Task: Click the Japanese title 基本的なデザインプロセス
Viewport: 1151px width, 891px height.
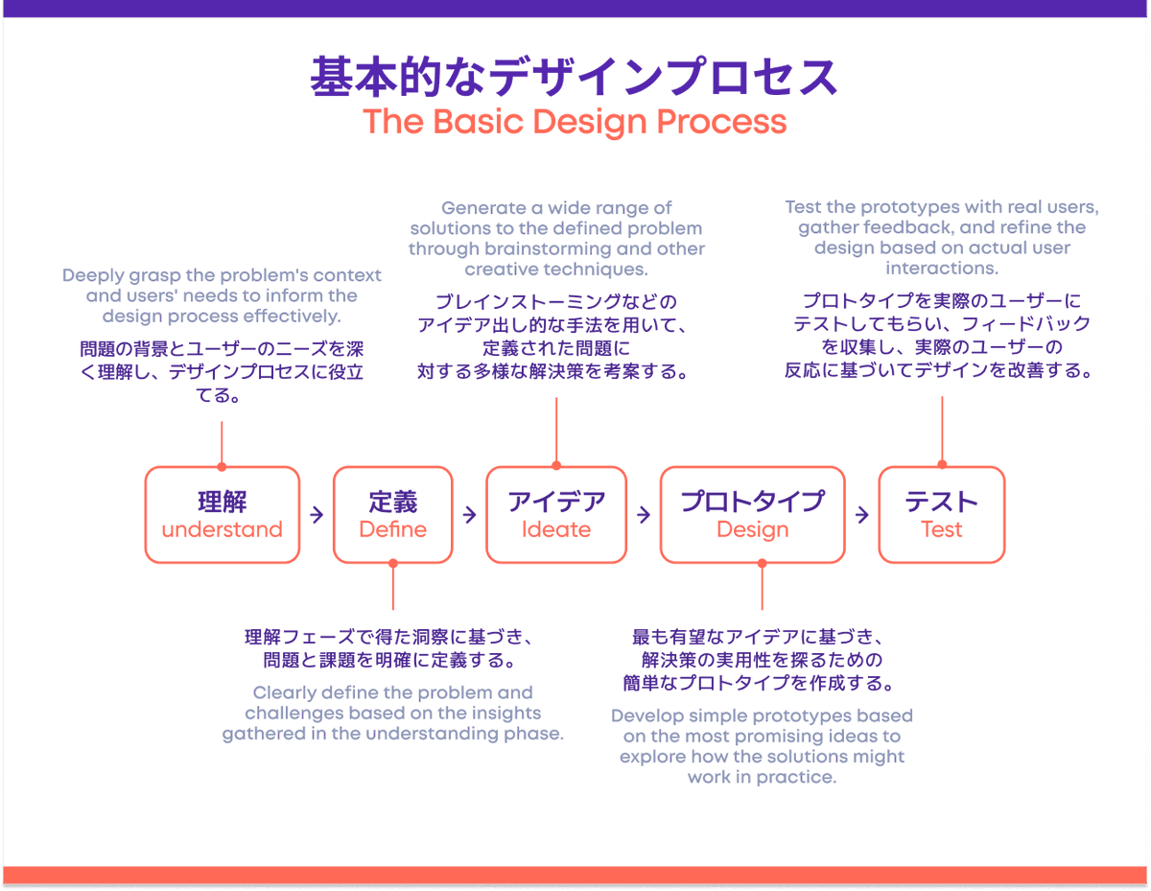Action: tap(575, 77)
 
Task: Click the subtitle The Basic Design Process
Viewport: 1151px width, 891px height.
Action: tap(575, 123)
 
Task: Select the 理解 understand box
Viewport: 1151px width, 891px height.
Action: tap(222, 514)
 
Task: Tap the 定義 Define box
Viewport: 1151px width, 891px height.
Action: tap(392, 514)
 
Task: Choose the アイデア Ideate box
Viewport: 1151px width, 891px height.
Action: tap(556, 514)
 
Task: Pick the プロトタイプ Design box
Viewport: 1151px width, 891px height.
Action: tap(752, 514)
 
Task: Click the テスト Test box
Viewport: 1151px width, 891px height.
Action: tap(941, 514)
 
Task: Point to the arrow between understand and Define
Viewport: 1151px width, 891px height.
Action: tap(317, 515)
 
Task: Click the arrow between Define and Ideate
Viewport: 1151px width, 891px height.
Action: tap(469, 515)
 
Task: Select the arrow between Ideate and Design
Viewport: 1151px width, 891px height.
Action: tap(643, 515)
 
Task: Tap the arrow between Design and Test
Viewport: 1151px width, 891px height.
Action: tap(861, 515)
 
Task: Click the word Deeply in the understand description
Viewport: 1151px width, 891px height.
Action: tap(93, 276)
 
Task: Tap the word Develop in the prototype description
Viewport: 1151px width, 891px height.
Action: tap(646, 716)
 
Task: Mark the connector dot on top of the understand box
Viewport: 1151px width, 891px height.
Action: tap(222, 467)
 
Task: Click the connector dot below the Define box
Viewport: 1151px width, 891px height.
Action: tap(392, 563)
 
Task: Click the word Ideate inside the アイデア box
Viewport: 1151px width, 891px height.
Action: tap(556, 529)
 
